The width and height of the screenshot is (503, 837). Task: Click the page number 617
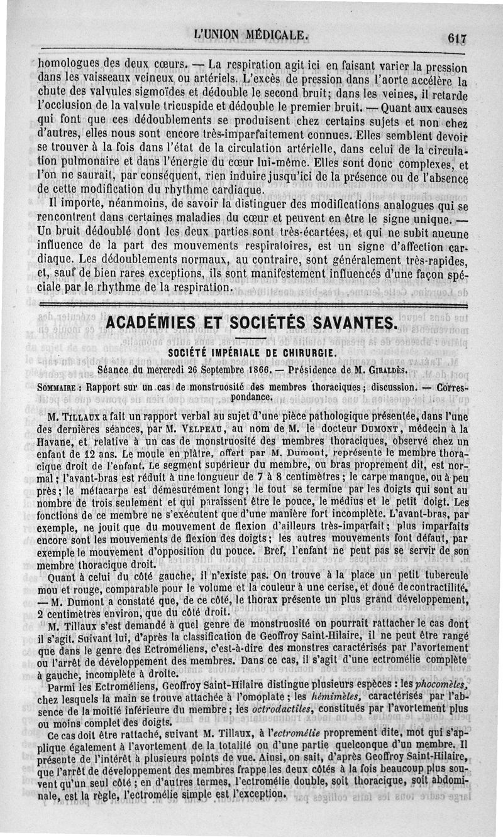pyautogui.click(x=457, y=38)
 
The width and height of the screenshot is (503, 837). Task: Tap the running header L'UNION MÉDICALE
pyautogui.click(x=251, y=35)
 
